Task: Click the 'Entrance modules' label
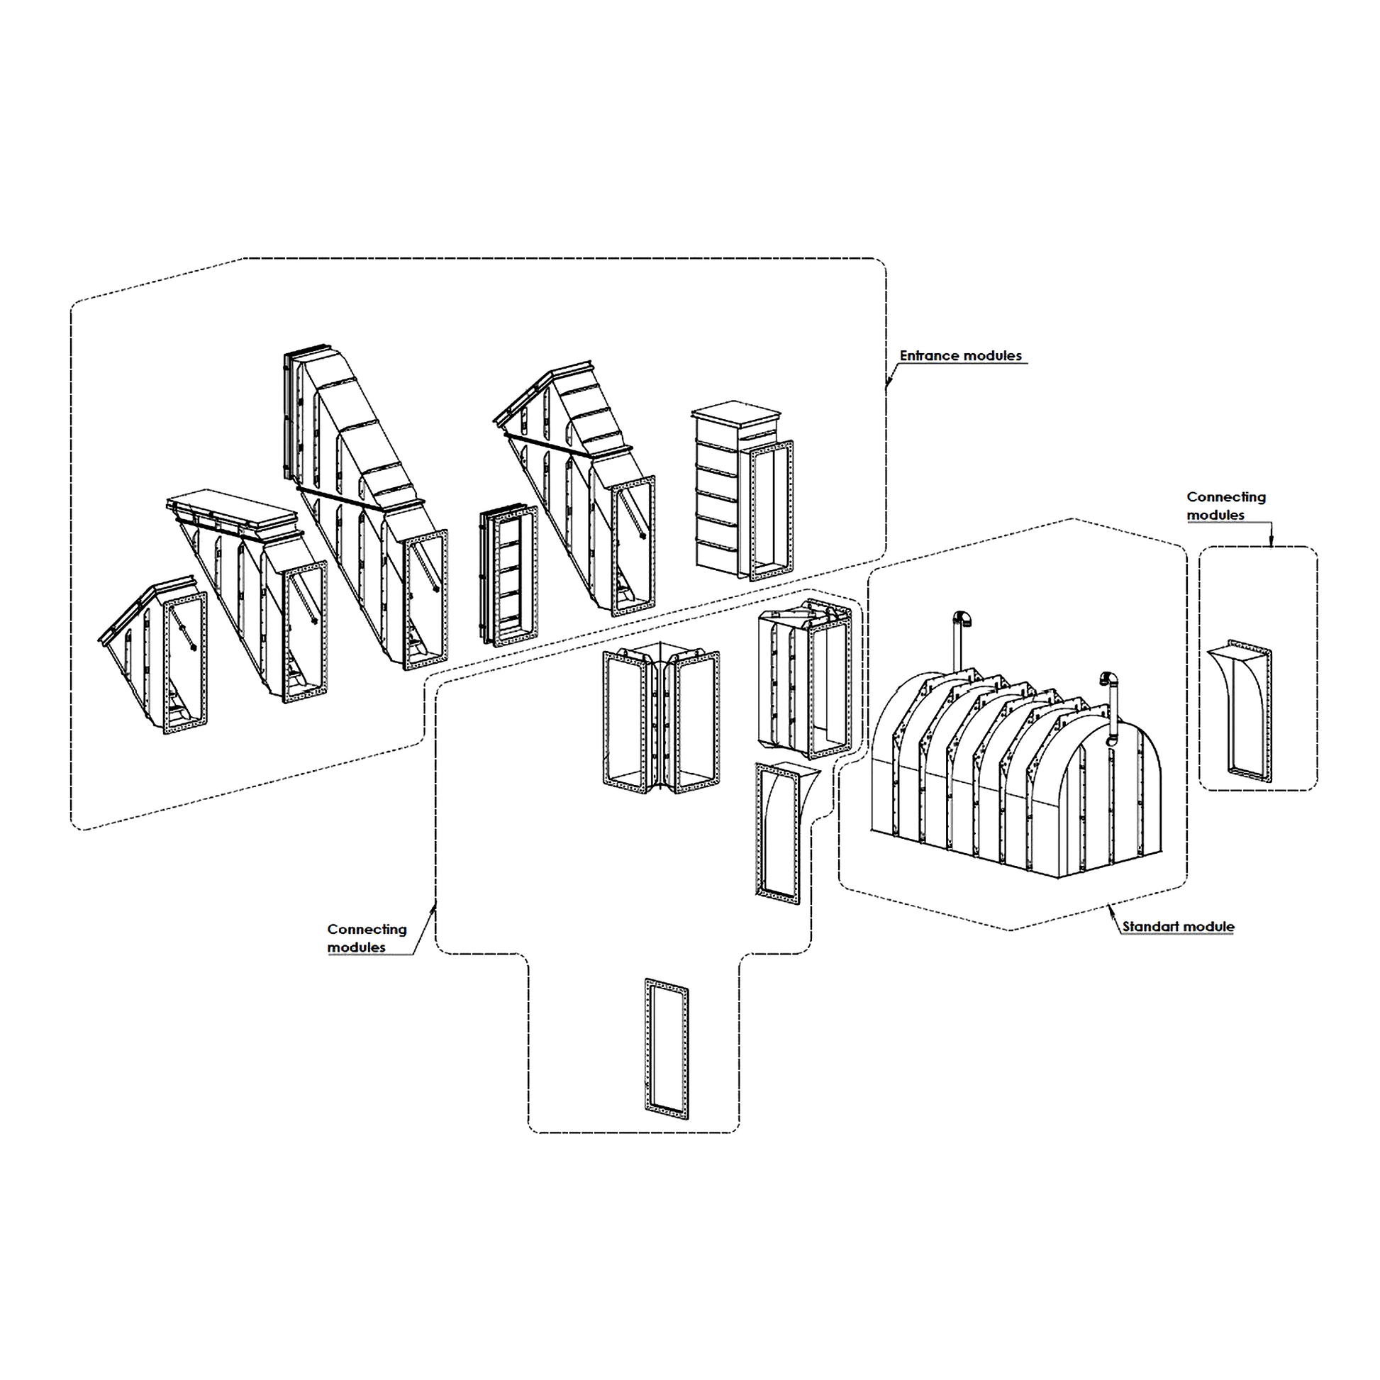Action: [x=960, y=356]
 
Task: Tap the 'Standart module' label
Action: [x=1178, y=927]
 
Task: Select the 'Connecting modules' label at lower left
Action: [x=367, y=938]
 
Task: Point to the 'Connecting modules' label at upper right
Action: [x=1225, y=506]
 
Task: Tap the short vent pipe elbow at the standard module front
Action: [x=1109, y=679]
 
